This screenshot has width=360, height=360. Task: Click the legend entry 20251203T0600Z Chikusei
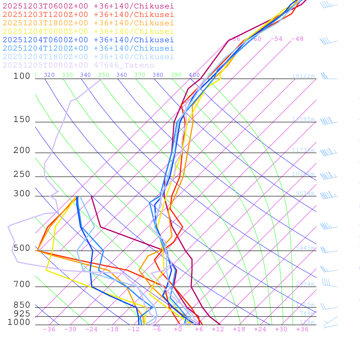point(88,6)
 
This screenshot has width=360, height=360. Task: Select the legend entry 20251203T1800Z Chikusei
point(88,23)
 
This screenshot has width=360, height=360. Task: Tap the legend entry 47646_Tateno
point(78,65)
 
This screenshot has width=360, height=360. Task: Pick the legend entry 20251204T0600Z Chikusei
point(88,40)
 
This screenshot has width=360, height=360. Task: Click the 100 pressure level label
point(22,76)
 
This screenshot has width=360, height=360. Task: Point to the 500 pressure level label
point(22,249)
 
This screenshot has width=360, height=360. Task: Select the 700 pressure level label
point(22,284)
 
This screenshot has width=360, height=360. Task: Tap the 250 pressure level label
point(22,174)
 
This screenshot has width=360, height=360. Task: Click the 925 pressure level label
point(22,314)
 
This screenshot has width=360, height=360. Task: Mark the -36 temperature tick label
point(49,329)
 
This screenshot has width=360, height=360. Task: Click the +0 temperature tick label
point(178,329)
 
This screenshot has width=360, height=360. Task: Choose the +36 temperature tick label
point(302,329)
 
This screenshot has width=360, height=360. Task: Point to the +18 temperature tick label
point(239,329)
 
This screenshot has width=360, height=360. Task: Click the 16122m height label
point(303,76)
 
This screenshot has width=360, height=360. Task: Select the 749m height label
point(307,314)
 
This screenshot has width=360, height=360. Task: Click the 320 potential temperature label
point(49,75)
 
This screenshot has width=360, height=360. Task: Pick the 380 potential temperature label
point(158,75)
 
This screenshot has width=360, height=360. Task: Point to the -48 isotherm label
point(297,39)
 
